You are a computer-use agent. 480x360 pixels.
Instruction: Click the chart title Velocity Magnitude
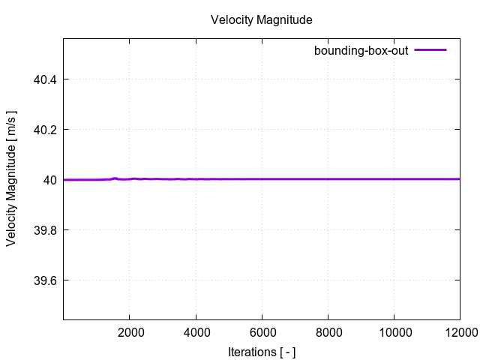261,19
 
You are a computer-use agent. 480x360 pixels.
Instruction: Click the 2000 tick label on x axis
130,332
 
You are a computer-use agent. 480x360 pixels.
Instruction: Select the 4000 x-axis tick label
196,332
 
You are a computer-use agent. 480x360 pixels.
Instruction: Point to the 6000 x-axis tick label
262,332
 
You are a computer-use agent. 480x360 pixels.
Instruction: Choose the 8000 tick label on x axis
328,332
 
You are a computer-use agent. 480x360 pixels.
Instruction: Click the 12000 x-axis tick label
458,332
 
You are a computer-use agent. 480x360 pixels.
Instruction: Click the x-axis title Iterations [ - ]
261,350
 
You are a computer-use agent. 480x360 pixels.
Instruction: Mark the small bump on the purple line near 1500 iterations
114,178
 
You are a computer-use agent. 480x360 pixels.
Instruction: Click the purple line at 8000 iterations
328,179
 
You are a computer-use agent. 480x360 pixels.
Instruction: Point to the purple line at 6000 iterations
262,179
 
